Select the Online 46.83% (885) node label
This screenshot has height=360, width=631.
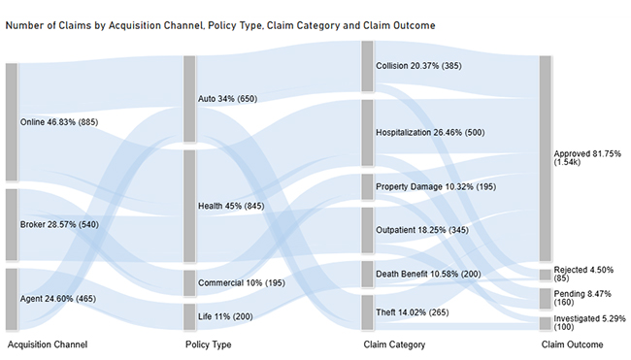coord(59,122)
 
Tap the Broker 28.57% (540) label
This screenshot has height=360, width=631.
coord(58,225)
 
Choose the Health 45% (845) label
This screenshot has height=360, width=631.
coord(231,206)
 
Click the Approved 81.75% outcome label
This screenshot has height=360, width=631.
coord(587,159)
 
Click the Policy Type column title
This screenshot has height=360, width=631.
coord(208,344)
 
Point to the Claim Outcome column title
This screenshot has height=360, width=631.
coord(572,344)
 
